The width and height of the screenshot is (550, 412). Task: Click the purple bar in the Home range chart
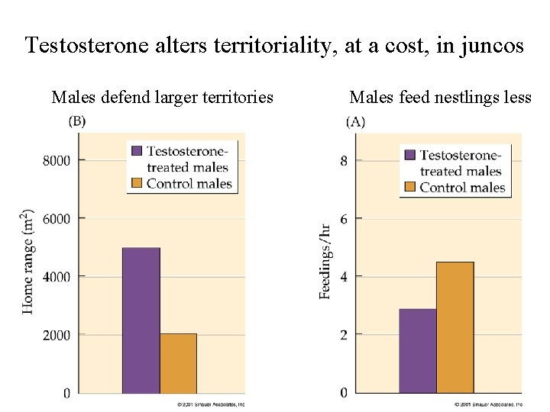point(141,320)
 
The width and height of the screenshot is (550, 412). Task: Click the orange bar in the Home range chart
point(178,363)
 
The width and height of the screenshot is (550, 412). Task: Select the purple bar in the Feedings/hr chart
point(417,351)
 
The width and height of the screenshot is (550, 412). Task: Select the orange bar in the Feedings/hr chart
point(455,327)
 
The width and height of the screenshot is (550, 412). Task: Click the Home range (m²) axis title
point(28,261)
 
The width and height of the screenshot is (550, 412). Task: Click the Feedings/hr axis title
point(325,261)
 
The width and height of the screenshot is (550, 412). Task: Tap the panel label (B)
point(77,121)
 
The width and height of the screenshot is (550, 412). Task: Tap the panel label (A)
point(355,121)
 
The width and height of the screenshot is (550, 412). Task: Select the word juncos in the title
point(492,46)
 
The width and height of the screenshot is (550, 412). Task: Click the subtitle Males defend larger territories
point(162,97)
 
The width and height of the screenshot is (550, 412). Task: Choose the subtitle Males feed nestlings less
point(440,97)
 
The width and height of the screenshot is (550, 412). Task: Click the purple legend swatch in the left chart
point(137,151)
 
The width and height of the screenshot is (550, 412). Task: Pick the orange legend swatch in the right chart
point(409,187)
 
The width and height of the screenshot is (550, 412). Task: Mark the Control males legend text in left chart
point(189,183)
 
